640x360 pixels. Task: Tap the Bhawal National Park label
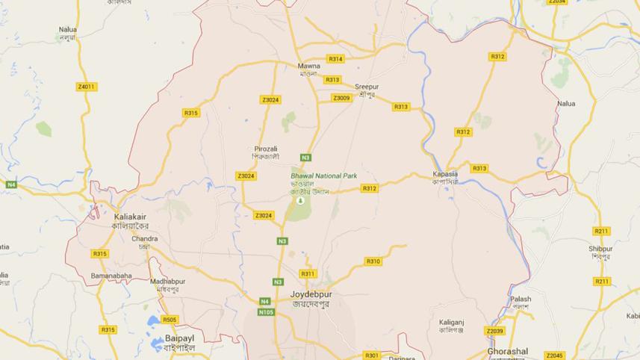[323, 176]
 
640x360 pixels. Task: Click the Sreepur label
[367, 87]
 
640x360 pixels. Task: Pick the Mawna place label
[308, 65]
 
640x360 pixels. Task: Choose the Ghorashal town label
[507, 351]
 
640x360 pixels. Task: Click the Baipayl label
[179, 338]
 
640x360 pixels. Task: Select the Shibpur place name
[600, 249]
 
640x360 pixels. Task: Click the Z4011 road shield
[87, 87]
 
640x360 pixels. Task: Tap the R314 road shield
[335, 59]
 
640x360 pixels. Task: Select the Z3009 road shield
[341, 98]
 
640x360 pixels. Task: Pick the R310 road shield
[373, 261]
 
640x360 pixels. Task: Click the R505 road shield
[170, 320]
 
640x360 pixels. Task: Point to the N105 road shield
[266, 312]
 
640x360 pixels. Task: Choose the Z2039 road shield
[494, 331]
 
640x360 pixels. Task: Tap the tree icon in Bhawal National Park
[300, 200]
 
